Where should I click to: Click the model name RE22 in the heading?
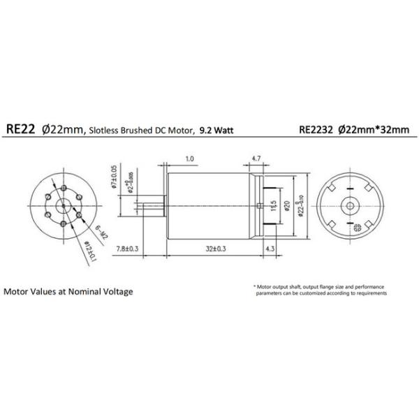[x=21, y=128]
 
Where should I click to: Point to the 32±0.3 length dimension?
[x=212, y=247]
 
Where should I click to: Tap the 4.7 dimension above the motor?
[x=256, y=159]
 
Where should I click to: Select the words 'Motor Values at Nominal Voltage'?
[x=68, y=291]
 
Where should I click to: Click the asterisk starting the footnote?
[x=255, y=287]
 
